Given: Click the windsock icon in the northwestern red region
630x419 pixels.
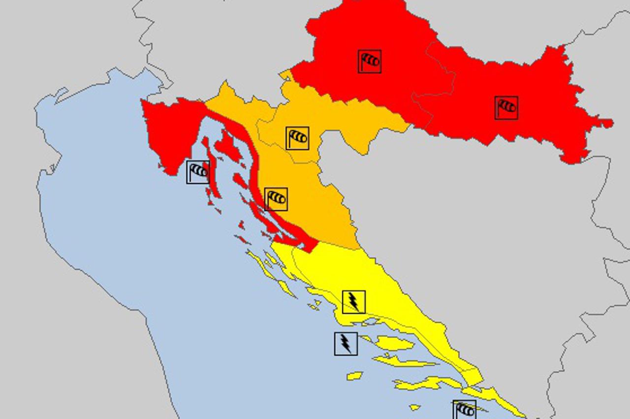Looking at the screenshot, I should [x=369, y=62].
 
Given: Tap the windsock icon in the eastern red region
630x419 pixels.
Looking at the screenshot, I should [x=506, y=108].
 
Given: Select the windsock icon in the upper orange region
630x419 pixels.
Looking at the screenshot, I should [x=297, y=138].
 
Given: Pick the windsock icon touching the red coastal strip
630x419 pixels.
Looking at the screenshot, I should [x=276, y=199].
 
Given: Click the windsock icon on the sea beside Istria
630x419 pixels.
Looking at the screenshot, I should [x=198, y=172].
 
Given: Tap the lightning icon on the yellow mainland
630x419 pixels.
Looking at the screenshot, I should [x=353, y=302].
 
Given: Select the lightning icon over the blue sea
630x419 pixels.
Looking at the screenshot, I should [x=346, y=344].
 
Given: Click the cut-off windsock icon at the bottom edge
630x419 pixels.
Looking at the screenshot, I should [x=464, y=410].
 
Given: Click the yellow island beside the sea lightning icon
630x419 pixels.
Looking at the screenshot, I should [x=394, y=343].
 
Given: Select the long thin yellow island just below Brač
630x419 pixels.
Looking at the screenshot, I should [x=404, y=363].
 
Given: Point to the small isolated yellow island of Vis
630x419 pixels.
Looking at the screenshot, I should [x=354, y=376].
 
